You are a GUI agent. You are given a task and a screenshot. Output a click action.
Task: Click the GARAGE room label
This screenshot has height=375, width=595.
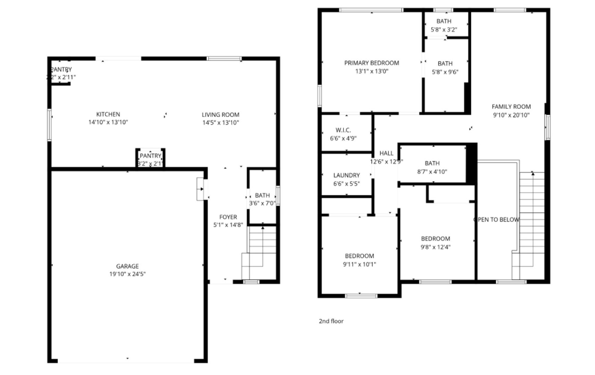(127, 266)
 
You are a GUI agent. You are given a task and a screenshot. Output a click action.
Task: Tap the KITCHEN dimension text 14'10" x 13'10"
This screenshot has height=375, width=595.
(108, 122)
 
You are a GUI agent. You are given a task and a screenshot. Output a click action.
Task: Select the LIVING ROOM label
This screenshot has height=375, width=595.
(220, 114)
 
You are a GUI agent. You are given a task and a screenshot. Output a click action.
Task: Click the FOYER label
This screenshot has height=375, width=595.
(228, 217)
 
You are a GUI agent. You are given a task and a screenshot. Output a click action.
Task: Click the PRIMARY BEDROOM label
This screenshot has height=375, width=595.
(371, 63)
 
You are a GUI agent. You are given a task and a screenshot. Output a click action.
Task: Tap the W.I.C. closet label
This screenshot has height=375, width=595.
(343, 130)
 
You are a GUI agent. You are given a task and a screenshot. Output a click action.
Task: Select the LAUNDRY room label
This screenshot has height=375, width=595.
(346, 175)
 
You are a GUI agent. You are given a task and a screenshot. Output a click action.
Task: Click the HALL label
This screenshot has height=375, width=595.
(386, 153)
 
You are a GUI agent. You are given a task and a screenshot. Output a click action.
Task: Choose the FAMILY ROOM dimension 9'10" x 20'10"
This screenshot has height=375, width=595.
(511, 115)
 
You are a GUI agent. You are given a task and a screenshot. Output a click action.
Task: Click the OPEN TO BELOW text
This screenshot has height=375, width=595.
(496, 219)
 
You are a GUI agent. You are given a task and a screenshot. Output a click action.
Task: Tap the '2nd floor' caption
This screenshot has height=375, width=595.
(331, 321)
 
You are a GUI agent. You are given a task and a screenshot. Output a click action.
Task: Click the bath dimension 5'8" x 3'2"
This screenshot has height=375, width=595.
(444, 30)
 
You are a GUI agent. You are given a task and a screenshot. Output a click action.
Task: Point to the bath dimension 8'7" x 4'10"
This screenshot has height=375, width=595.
(432, 172)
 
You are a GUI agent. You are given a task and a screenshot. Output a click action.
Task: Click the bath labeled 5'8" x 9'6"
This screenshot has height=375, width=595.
(445, 64)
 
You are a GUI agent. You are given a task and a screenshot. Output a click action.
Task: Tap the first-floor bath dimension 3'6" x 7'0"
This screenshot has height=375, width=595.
(262, 203)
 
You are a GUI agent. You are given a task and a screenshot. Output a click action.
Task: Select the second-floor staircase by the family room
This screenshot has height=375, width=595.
(532, 222)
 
